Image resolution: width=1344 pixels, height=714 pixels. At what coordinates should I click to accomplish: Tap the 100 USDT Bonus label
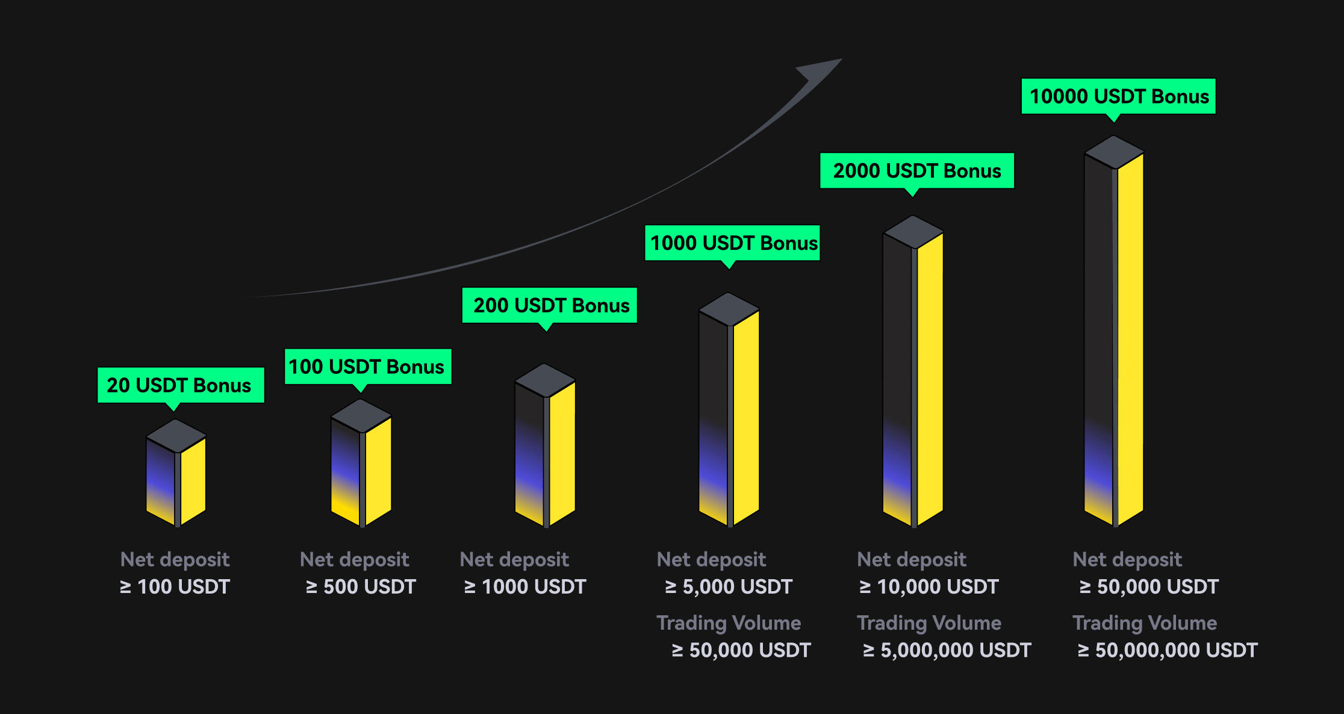367,367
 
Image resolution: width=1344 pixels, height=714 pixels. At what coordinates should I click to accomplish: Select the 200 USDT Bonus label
549,305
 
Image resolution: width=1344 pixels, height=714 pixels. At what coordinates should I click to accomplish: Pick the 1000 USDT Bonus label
732,243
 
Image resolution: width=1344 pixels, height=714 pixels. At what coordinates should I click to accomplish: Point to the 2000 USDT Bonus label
917,171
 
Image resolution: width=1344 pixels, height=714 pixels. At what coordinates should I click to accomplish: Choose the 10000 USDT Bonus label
1118,96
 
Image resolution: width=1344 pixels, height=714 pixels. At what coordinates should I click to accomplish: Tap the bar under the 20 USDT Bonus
176,473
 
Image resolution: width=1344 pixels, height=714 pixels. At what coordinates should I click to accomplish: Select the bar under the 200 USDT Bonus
545,445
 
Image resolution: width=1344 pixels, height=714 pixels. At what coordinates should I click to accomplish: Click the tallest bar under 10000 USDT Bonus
1114,331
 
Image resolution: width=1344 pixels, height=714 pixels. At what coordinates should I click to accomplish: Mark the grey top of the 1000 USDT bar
729,309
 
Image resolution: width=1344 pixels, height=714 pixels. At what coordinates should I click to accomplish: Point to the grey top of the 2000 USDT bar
913,232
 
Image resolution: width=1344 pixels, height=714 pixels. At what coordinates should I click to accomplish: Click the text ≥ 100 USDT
175,586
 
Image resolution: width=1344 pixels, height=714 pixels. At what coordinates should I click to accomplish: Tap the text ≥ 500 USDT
361,586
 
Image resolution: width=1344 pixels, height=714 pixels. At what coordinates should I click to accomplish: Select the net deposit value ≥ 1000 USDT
524,586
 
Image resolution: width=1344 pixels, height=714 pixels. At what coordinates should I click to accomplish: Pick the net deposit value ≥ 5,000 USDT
729,586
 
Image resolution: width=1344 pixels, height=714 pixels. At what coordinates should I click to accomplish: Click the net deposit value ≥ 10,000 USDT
929,586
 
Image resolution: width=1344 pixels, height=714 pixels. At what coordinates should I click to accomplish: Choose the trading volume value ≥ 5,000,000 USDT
947,650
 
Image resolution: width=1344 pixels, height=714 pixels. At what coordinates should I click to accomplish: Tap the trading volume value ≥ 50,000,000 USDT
1167,650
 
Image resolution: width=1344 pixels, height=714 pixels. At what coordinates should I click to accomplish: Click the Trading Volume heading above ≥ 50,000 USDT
729,623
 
